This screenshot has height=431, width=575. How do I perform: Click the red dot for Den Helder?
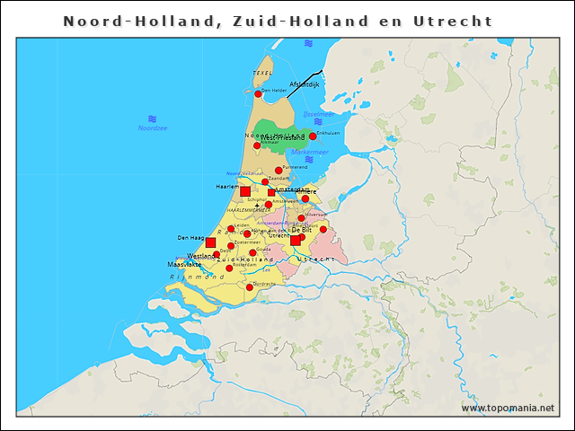[258, 93]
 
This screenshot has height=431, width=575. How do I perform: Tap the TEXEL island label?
[262, 73]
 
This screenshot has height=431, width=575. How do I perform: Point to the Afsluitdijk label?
[305, 84]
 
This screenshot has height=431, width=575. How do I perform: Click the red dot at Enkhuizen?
[313, 136]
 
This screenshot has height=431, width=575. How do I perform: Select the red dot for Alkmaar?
[257, 145]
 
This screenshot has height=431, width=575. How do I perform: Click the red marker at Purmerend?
[279, 170]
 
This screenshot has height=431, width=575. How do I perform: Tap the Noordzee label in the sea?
[152, 128]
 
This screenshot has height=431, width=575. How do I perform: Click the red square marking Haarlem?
[245, 190]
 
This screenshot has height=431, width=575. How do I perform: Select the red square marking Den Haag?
[210, 242]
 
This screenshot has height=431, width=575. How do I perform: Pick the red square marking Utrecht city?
[295, 240]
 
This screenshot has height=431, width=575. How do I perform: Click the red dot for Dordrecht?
[250, 287]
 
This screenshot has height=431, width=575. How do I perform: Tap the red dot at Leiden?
[231, 228]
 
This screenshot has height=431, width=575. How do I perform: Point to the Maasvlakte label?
[183, 265]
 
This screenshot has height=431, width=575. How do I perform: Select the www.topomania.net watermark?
[508, 408]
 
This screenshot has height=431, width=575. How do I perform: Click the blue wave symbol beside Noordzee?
[152, 119]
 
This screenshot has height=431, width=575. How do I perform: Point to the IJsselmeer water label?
[318, 114]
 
